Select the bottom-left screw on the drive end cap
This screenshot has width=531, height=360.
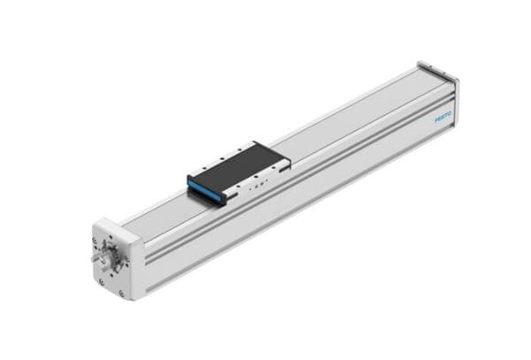point(102,281)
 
